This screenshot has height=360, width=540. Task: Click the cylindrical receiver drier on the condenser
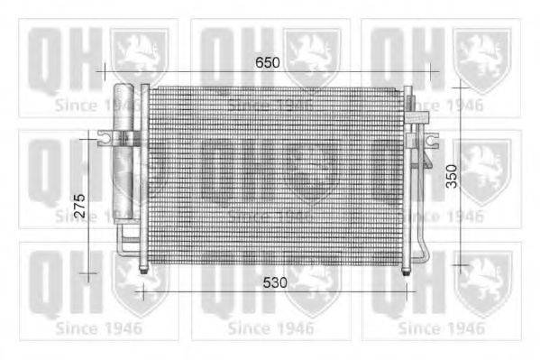click(x=124, y=153)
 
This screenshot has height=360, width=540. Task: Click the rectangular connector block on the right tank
click(x=419, y=115)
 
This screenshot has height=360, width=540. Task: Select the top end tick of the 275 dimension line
click(x=88, y=137)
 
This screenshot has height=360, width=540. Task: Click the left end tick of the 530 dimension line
click(x=140, y=291)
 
